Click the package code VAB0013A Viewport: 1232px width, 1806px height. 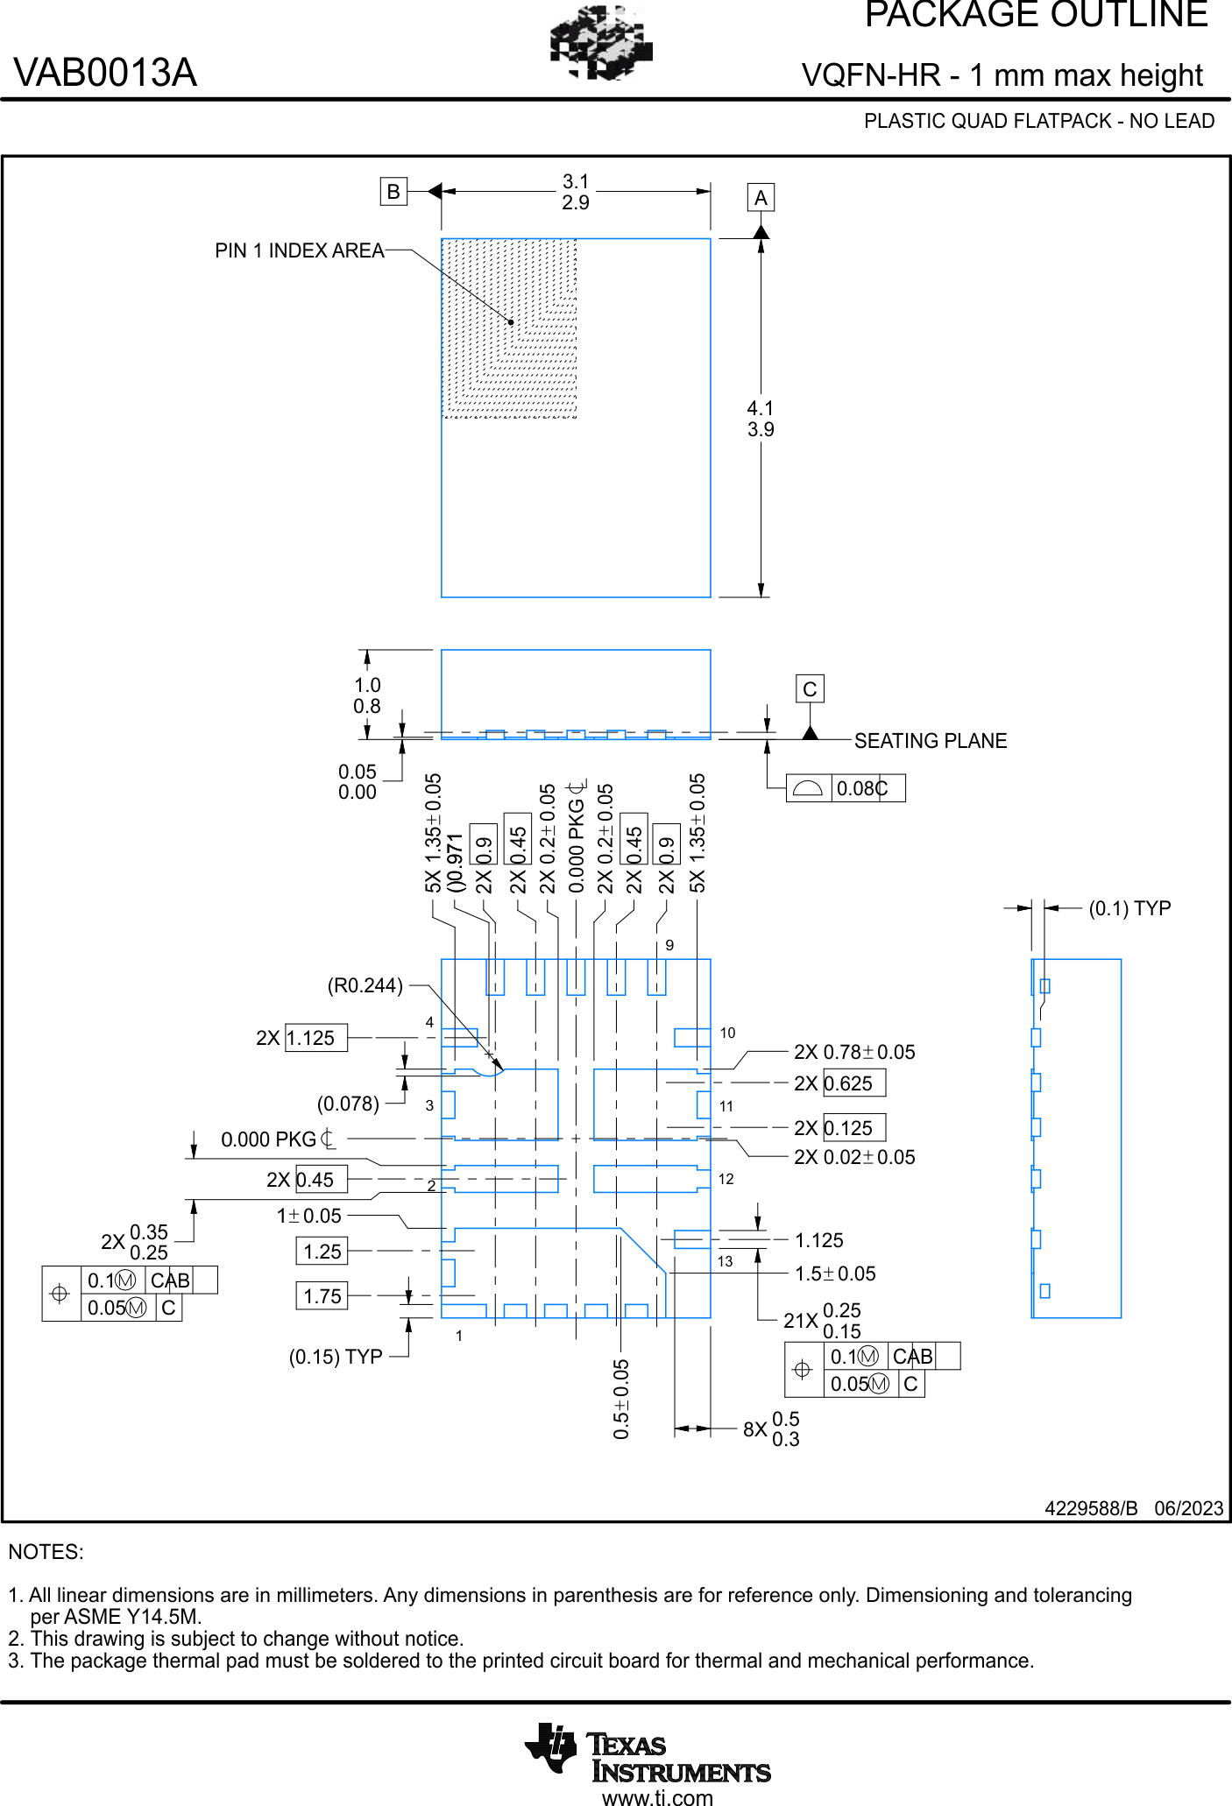(x=105, y=73)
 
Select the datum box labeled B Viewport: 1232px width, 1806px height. (x=393, y=191)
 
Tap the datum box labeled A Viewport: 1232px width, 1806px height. (x=761, y=198)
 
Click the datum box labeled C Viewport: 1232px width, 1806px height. (x=810, y=689)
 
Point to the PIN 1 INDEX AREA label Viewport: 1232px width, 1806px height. (x=300, y=250)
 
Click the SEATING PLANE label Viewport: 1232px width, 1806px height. (x=931, y=741)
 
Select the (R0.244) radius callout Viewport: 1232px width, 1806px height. (x=365, y=986)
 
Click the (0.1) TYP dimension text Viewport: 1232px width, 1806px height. (x=1129, y=908)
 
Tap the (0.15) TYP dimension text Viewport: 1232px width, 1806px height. (x=336, y=1357)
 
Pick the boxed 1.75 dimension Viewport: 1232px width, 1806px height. (x=322, y=1296)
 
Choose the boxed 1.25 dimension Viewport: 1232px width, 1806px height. (x=322, y=1252)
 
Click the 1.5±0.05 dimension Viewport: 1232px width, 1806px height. (x=835, y=1273)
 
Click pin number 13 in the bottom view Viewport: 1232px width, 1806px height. (x=726, y=1261)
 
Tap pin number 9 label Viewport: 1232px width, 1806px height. (x=669, y=945)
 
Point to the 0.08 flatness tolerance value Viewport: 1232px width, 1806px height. (x=856, y=788)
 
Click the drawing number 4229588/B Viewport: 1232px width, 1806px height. (x=1091, y=1508)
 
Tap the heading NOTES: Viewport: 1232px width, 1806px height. (x=46, y=1552)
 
